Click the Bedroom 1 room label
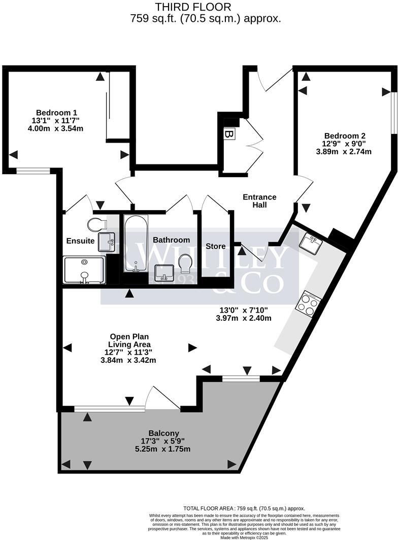tap(56, 113)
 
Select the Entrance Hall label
tap(259, 201)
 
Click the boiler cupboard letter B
tap(229, 134)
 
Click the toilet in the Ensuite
tap(96, 224)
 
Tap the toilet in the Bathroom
tap(185, 263)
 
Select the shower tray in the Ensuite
tap(84, 269)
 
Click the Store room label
tap(215, 247)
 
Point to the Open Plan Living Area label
tap(129, 341)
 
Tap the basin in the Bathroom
tap(164, 275)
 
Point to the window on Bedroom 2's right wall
tap(393, 112)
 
